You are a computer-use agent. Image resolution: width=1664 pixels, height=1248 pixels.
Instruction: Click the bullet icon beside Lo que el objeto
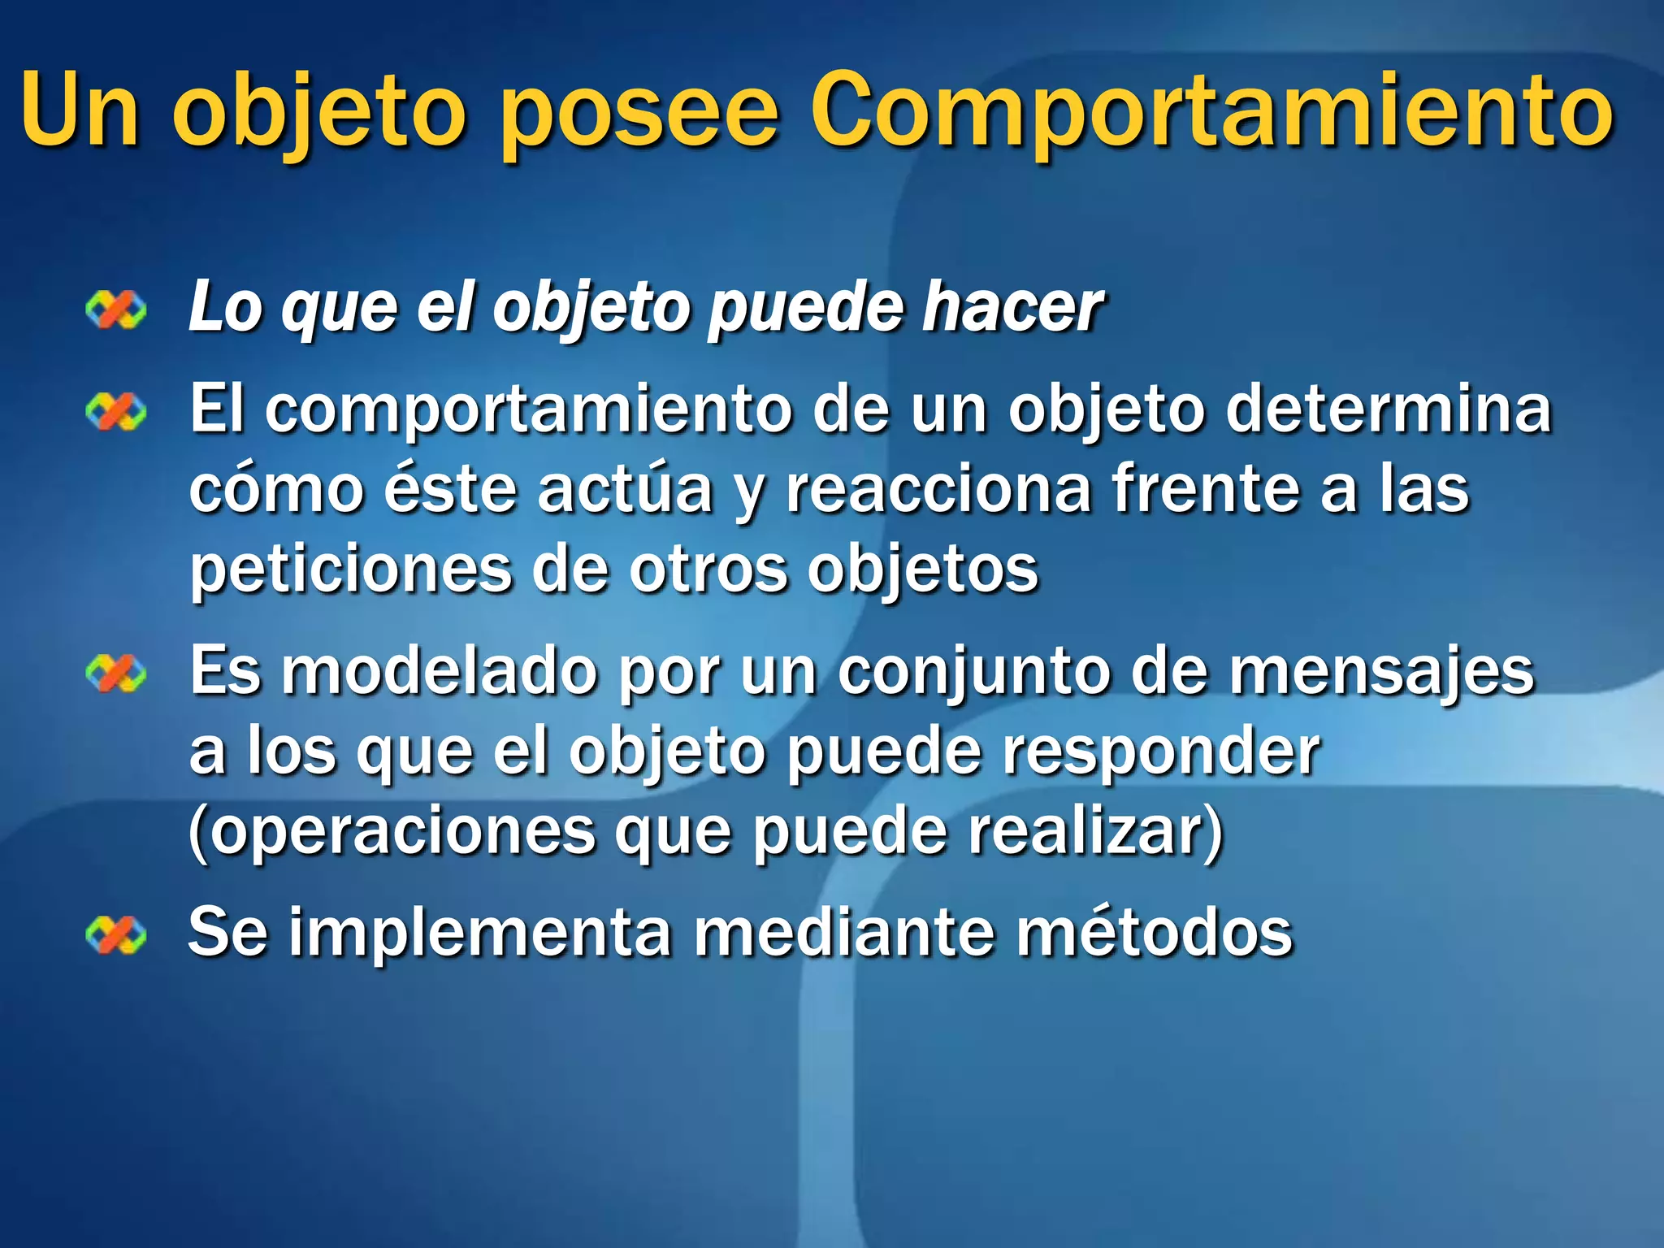[116, 310]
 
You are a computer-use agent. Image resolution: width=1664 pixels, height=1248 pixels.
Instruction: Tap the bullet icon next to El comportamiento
[116, 412]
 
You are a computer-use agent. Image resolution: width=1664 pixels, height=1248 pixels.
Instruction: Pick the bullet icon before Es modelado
[116, 674]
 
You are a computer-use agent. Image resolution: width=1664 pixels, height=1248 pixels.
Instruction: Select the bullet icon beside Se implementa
[116, 934]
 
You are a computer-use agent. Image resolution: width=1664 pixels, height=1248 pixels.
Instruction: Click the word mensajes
[1381, 673]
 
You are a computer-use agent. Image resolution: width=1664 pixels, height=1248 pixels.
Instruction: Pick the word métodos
[1154, 933]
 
